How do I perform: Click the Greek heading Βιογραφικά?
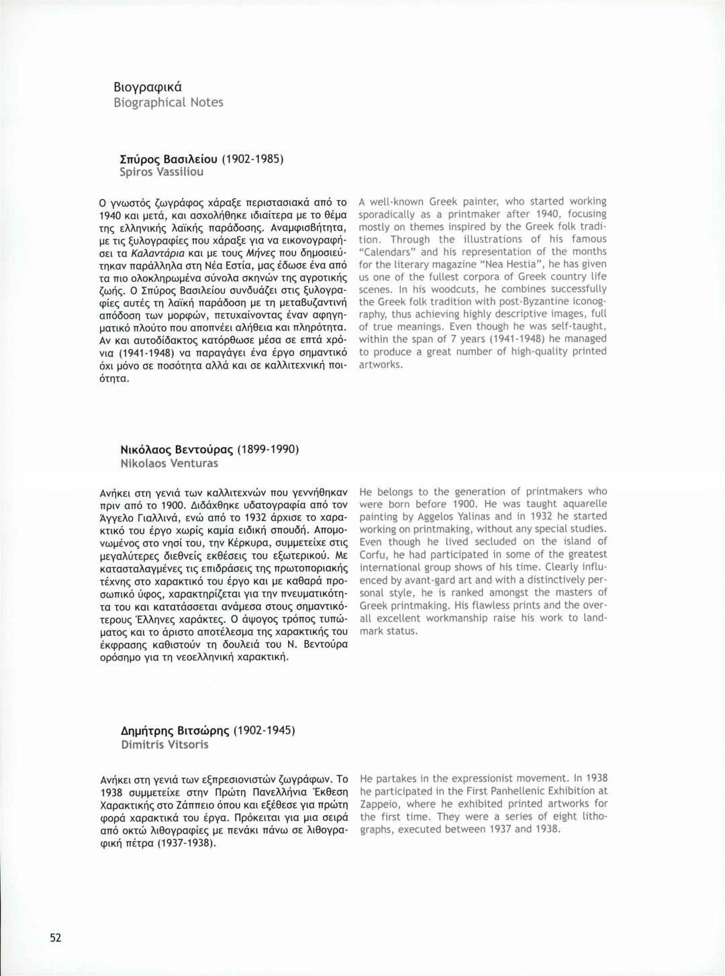pos(148,87)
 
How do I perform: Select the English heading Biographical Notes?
pos(168,103)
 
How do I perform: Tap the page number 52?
pos(55,938)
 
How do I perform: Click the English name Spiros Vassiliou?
pos(161,172)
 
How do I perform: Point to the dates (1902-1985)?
pos(250,159)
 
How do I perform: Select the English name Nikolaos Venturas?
pos(169,463)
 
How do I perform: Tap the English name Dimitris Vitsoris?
pos(164,744)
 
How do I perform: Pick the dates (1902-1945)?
pos(264,730)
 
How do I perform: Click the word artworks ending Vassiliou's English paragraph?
pos(381,364)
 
